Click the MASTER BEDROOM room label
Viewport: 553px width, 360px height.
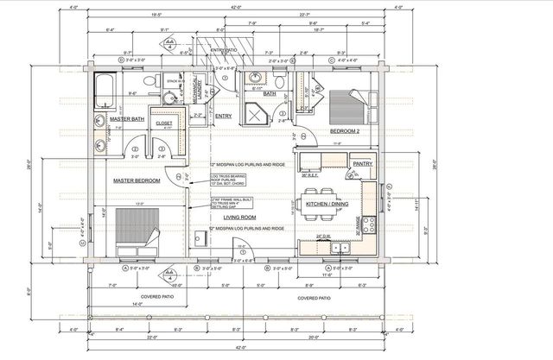click(138, 180)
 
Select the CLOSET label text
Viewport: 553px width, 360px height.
click(163, 123)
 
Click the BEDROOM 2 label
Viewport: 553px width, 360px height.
click(346, 131)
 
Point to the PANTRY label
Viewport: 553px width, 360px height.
click(362, 161)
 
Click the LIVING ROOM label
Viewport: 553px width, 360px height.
click(242, 218)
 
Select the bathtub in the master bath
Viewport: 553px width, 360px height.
click(105, 87)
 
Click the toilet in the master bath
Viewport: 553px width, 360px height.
click(149, 82)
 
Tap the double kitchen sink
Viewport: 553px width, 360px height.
click(338, 248)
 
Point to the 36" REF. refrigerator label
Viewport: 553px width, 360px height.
click(311, 175)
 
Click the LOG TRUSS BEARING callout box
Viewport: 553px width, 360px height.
click(228, 181)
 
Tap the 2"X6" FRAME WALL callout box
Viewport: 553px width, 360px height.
click(228, 204)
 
